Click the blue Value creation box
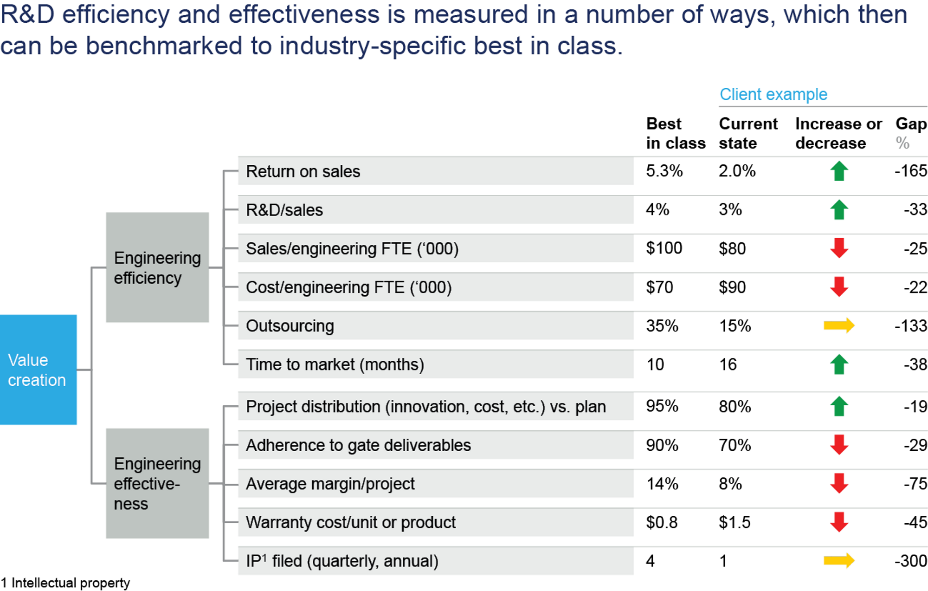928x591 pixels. point(38,370)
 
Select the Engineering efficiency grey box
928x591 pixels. point(157,267)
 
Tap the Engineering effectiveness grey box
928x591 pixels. point(157,483)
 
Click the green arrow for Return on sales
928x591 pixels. point(839,171)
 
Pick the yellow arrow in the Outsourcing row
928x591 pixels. point(839,325)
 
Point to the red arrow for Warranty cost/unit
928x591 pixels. point(839,522)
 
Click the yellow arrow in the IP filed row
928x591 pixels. point(839,560)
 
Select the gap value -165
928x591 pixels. point(910,171)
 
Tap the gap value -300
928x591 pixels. point(910,561)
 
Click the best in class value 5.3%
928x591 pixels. point(664,171)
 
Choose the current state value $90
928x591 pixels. point(732,287)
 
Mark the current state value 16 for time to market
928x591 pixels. point(728,364)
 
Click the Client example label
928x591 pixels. point(773,94)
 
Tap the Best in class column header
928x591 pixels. point(676,133)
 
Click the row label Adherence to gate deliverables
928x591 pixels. point(358,445)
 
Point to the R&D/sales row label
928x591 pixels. point(284,210)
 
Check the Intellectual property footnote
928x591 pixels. point(65,583)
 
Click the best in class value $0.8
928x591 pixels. point(662,522)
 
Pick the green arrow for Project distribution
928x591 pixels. point(839,406)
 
